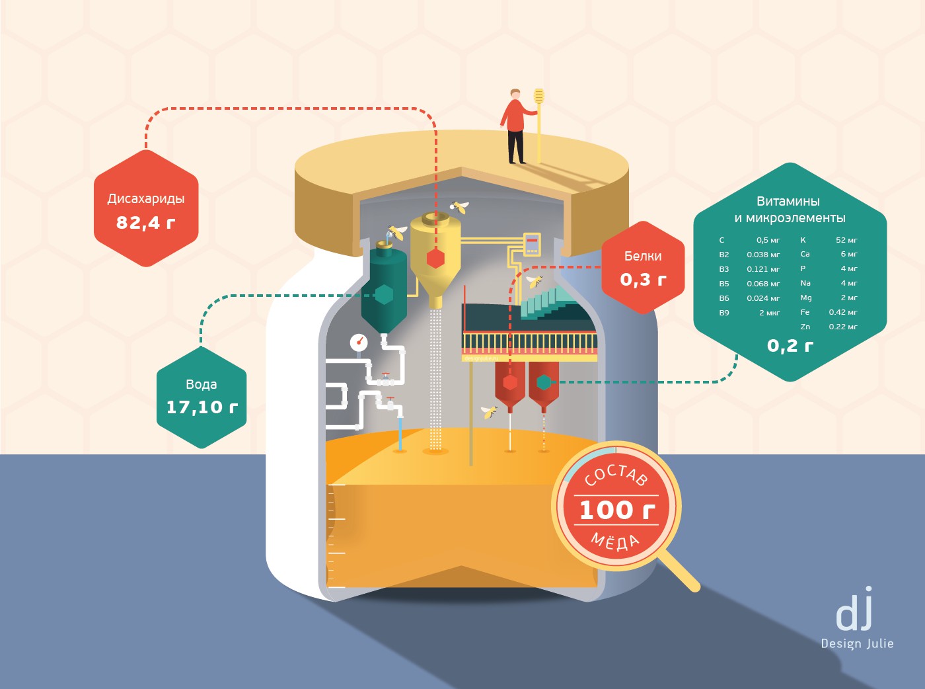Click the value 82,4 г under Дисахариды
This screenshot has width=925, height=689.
tap(145, 222)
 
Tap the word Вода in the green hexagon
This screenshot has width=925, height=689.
tap(202, 384)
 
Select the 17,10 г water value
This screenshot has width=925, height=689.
tap(202, 407)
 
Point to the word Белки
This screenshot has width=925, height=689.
tap(643, 256)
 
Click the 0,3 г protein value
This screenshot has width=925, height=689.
tap(643, 279)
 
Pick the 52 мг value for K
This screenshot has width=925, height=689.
tap(846, 240)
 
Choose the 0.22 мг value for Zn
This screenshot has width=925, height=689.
tap(843, 327)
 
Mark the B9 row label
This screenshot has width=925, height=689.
tap(724, 313)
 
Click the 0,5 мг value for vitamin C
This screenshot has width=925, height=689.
tap(768, 240)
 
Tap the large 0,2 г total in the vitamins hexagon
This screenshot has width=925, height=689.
tap(790, 346)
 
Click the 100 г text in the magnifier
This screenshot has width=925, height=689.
tap(617, 510)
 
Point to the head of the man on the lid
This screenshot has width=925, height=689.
tap(515, 94)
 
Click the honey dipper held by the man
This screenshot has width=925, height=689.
tap(539, 125)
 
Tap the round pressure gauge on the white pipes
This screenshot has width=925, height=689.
tap(359, 343)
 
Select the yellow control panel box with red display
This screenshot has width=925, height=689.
tap(532, 244)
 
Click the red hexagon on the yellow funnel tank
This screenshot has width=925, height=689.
tap(435, 259)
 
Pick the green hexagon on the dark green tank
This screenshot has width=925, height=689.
tap(384, 294)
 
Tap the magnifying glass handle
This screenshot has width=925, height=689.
tap(679, 571)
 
